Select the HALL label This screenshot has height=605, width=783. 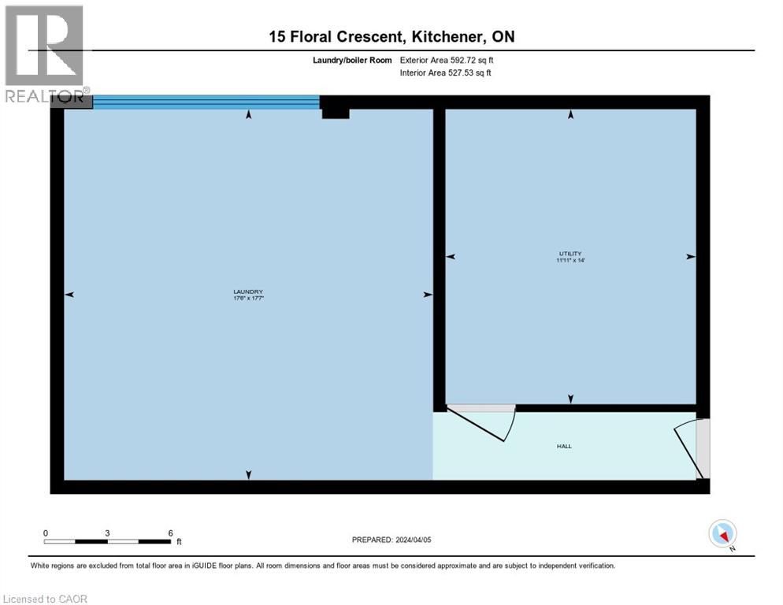click(x=564, y=447)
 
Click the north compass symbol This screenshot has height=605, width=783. click(x=722, y=534)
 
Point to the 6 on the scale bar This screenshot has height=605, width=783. click(x=171, y=533)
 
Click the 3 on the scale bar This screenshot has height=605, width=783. click(x=107, y=533)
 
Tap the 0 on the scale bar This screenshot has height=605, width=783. click(x=46, y=533)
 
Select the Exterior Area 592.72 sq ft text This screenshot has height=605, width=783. click(x=447, y=60)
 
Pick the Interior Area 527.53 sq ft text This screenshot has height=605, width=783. click(x=447, y=73)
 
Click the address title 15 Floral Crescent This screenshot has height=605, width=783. click(x=391, y=36)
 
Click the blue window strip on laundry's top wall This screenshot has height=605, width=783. click(x=206, y=102)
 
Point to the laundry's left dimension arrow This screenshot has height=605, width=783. click(x=69, y=295)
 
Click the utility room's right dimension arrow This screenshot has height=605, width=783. click(x=690, y=257)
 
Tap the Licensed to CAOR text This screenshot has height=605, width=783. click(x=46, y=599)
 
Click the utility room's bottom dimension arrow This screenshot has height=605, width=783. click(x=570, y=399)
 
